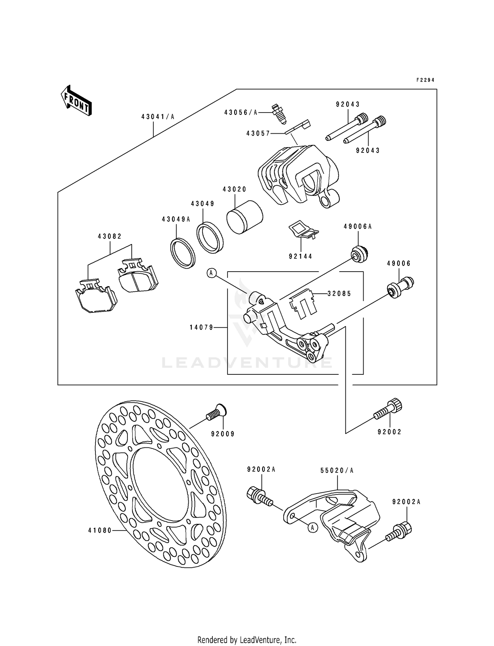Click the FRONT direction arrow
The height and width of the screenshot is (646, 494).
point(76,100)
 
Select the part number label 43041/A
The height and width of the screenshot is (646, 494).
point(158,117)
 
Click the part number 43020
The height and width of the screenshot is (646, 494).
point(234,189)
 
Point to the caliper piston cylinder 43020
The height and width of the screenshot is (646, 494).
point(245,217)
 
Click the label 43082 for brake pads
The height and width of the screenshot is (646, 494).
point(110,236)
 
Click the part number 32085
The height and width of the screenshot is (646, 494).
point(339,294)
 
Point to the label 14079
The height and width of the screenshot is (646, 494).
point(202,327)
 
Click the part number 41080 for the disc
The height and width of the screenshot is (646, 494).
point(100,530)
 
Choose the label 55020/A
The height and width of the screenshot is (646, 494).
point(337,471)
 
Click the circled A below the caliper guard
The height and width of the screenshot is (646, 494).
point(313,528)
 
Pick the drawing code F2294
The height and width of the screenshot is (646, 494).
point(425,80)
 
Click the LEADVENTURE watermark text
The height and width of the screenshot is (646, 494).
point(247,363)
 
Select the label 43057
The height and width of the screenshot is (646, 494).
point(258,133)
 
